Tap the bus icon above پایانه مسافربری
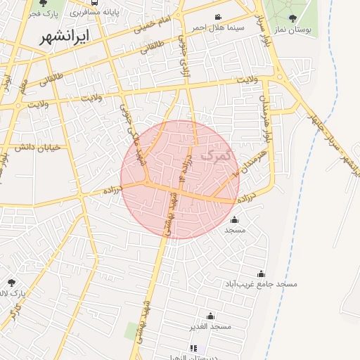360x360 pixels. tap(95, 2)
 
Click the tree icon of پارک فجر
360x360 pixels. tap(43, 3)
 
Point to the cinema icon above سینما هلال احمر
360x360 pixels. tap(218, 17)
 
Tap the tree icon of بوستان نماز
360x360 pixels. tap(293, 19)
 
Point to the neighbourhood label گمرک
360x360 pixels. tap(215, 154)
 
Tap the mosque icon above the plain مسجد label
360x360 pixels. tap(234, 219)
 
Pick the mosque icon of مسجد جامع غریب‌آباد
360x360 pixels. tap(262, 274)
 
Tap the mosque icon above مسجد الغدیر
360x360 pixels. tap(210, 316)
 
